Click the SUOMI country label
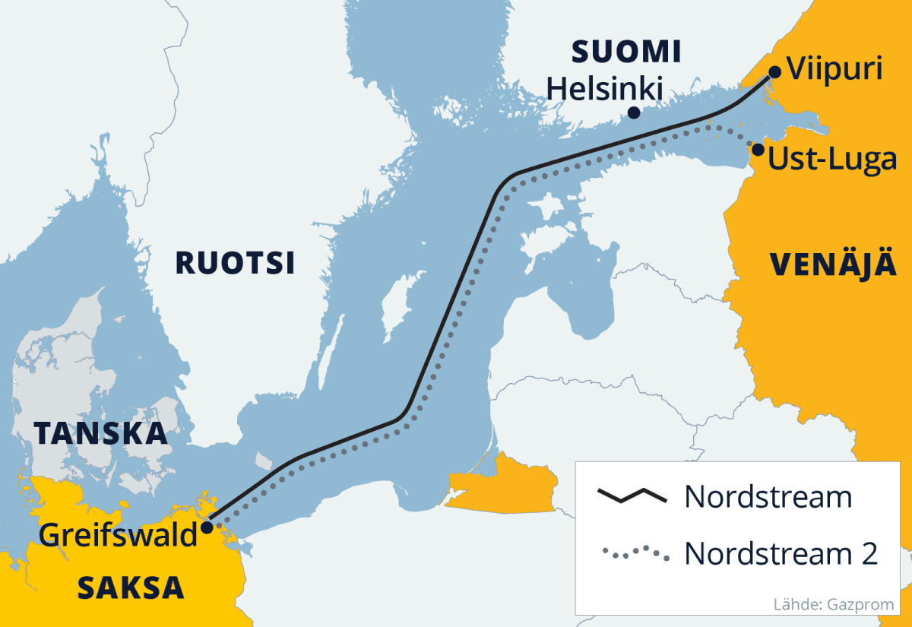pyautogui.click(x=626, y=52)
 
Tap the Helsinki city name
pyautogui.click(x=606, y=88)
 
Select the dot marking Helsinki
pyautogui.click(x=633, y=112)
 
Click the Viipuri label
pyautogui.click(x=834, y=70)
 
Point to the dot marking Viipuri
pyautogui.click(x=774, y=72)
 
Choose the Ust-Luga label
pyautogui.click(x=832, y=160)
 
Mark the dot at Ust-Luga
pyautogui.click(x=757, y=149)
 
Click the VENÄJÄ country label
pyautogui.click(x=833, y=264)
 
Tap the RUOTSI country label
pyautogui.click(x=235, y=263)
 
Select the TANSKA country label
pyautogui.click(x=100, y=432)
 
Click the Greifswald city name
pyautogui.click(x=118, y=535)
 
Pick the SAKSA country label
pyautogui.click(x=131, y=587)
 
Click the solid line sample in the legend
pyautogui.click(x=632, y=497)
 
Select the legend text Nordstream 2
pyautogui.click(x=781, y=553)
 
